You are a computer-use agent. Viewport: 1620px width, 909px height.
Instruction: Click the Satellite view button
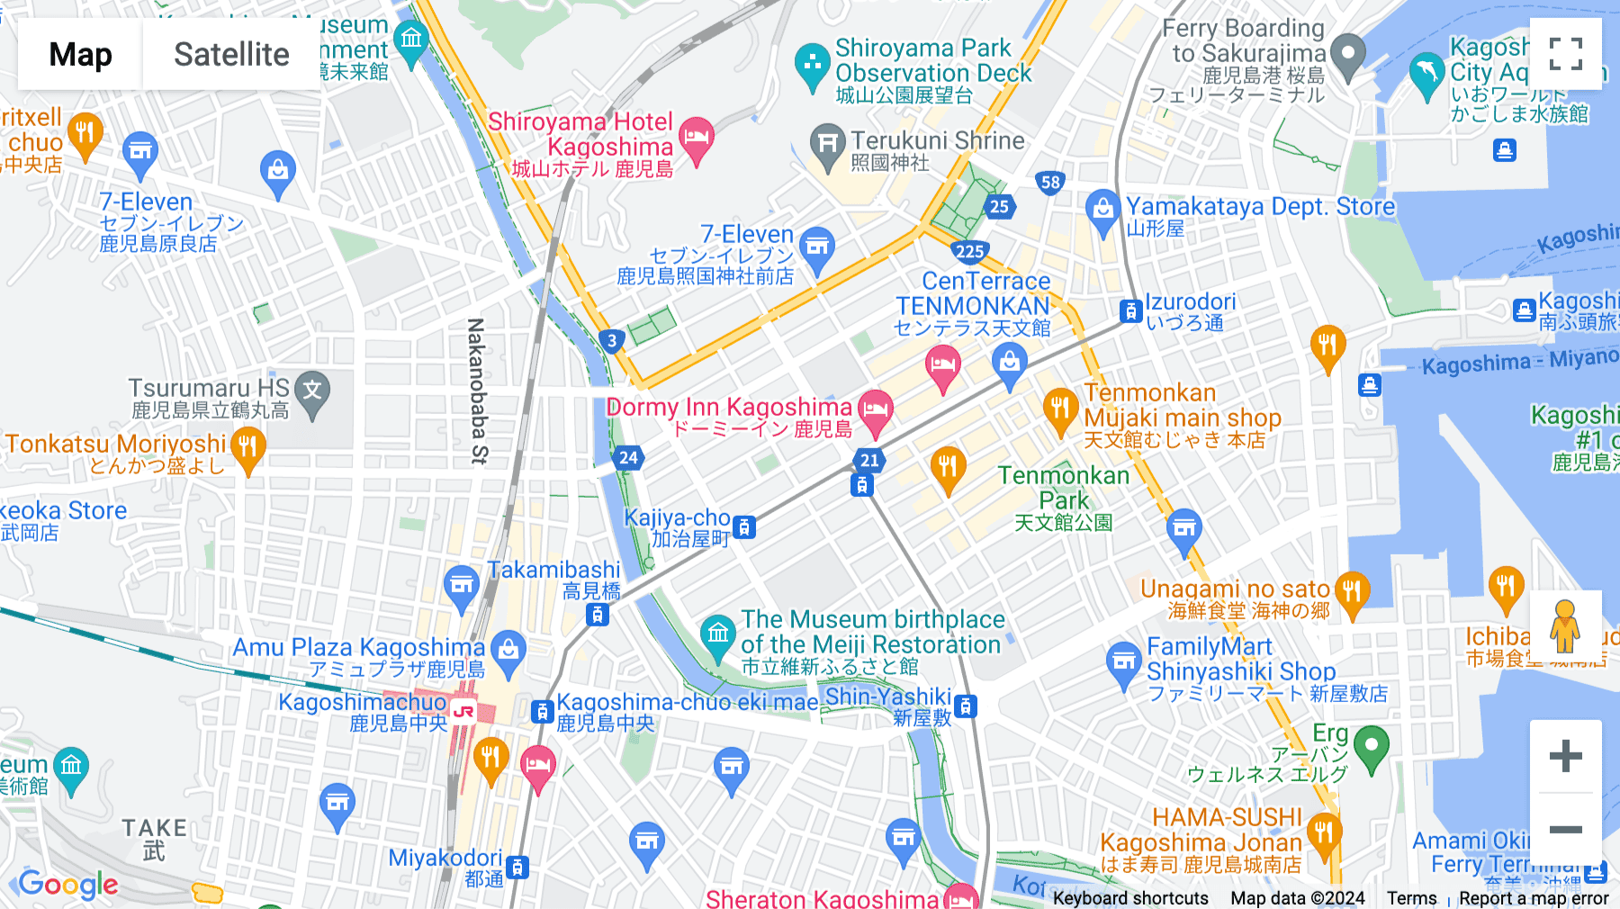point(231,55)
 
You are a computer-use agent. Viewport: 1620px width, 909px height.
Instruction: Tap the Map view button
point(80,55)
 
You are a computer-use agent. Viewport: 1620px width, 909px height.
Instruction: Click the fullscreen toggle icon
point(1565,54)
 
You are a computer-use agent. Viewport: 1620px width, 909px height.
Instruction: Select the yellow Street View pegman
point(1565,625)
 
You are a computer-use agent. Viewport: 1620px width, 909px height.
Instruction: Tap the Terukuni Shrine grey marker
point(826,143)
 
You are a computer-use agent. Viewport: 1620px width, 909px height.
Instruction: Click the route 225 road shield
point(969,252)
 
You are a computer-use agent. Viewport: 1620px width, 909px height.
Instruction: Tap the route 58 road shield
point(1050,183)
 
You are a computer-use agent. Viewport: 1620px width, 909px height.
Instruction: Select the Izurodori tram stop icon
point(1130,311)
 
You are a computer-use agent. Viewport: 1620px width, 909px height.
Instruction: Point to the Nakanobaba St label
point(477,391)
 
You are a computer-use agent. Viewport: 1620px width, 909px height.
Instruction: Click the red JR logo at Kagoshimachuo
point(463,711)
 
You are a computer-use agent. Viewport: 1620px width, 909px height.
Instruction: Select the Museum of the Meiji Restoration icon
point(717,634)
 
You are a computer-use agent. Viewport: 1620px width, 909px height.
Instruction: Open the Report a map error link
point(1533,897)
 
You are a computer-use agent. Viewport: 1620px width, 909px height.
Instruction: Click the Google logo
point(68,884)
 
